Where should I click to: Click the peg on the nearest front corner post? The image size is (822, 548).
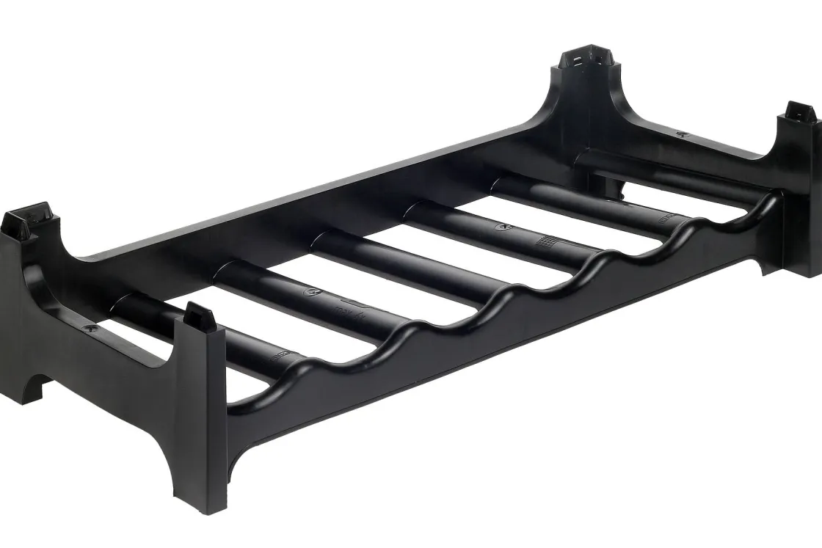coord(200,315)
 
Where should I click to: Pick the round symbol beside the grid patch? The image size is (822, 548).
coord(503,227)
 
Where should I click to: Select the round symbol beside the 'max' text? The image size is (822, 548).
coord(309,291)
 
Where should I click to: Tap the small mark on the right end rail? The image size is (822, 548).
coord(682,134)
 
